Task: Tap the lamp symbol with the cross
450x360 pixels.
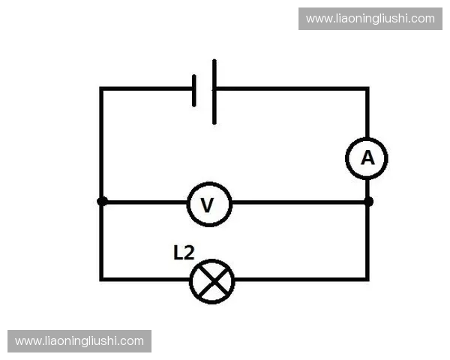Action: [211, 281]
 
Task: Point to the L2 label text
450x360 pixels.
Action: [184, 253]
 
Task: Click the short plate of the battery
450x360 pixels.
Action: [194, 91]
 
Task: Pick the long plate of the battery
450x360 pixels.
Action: [214, 91]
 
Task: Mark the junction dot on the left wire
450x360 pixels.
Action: [102, 201]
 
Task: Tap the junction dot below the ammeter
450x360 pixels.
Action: [368, 202]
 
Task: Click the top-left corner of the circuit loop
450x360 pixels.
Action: [101, 88]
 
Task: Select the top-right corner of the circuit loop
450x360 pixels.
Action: [367, 88]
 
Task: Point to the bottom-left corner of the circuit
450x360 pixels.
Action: [101, 279]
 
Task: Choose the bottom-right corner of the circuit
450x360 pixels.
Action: [367, 279]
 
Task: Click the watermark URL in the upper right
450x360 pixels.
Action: [370, 19]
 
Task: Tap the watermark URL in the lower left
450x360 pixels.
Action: [79, 341]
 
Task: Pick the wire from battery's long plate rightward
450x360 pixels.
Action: [292, 88]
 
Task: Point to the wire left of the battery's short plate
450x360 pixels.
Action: [147, 88]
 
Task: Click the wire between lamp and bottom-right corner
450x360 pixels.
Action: [301, 279]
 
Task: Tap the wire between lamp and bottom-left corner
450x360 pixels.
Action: [145, 279]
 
